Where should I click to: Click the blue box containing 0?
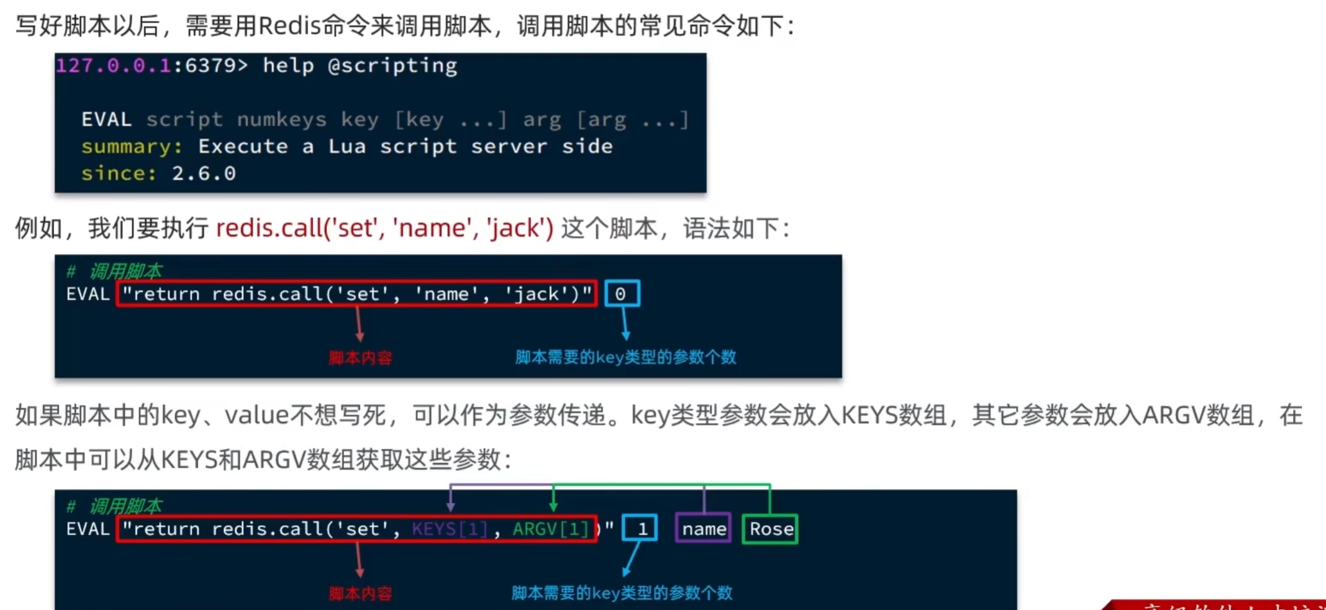point(622,294)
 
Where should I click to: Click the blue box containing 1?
point(640,528)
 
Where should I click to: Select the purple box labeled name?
point(704,528)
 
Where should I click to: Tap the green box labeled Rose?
point(770,528)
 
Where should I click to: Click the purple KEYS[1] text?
point(450,528)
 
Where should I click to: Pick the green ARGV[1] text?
point(550,528)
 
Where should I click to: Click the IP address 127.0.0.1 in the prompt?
point(113,66)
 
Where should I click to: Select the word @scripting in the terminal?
point(392,66)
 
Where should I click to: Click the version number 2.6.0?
point(203,174)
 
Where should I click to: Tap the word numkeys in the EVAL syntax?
point(282,120)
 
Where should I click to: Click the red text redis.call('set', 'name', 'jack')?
point(385,228)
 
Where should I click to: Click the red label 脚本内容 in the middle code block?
point(360,357)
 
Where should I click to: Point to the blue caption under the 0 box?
point(625,357)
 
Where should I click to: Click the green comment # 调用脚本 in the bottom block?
point(114,507)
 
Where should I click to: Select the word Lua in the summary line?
point(347,147)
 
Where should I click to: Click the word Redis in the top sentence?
point(289,26)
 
